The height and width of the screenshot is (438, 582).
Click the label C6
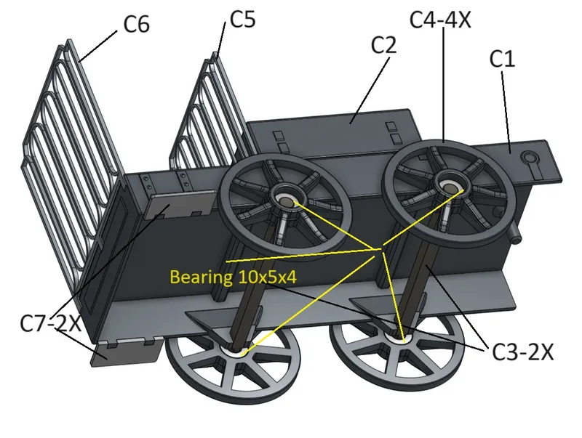(135, 24)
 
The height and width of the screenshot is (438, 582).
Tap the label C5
(242, 19)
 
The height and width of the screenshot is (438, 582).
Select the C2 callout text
(383, 45)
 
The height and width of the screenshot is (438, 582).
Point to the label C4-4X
(441, 19)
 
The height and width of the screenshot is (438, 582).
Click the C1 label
(502, 60)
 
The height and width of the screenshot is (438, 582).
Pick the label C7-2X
(50, 322)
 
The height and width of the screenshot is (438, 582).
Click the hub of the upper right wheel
(451, 187)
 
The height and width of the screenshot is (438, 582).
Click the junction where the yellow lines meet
(378, 251)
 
